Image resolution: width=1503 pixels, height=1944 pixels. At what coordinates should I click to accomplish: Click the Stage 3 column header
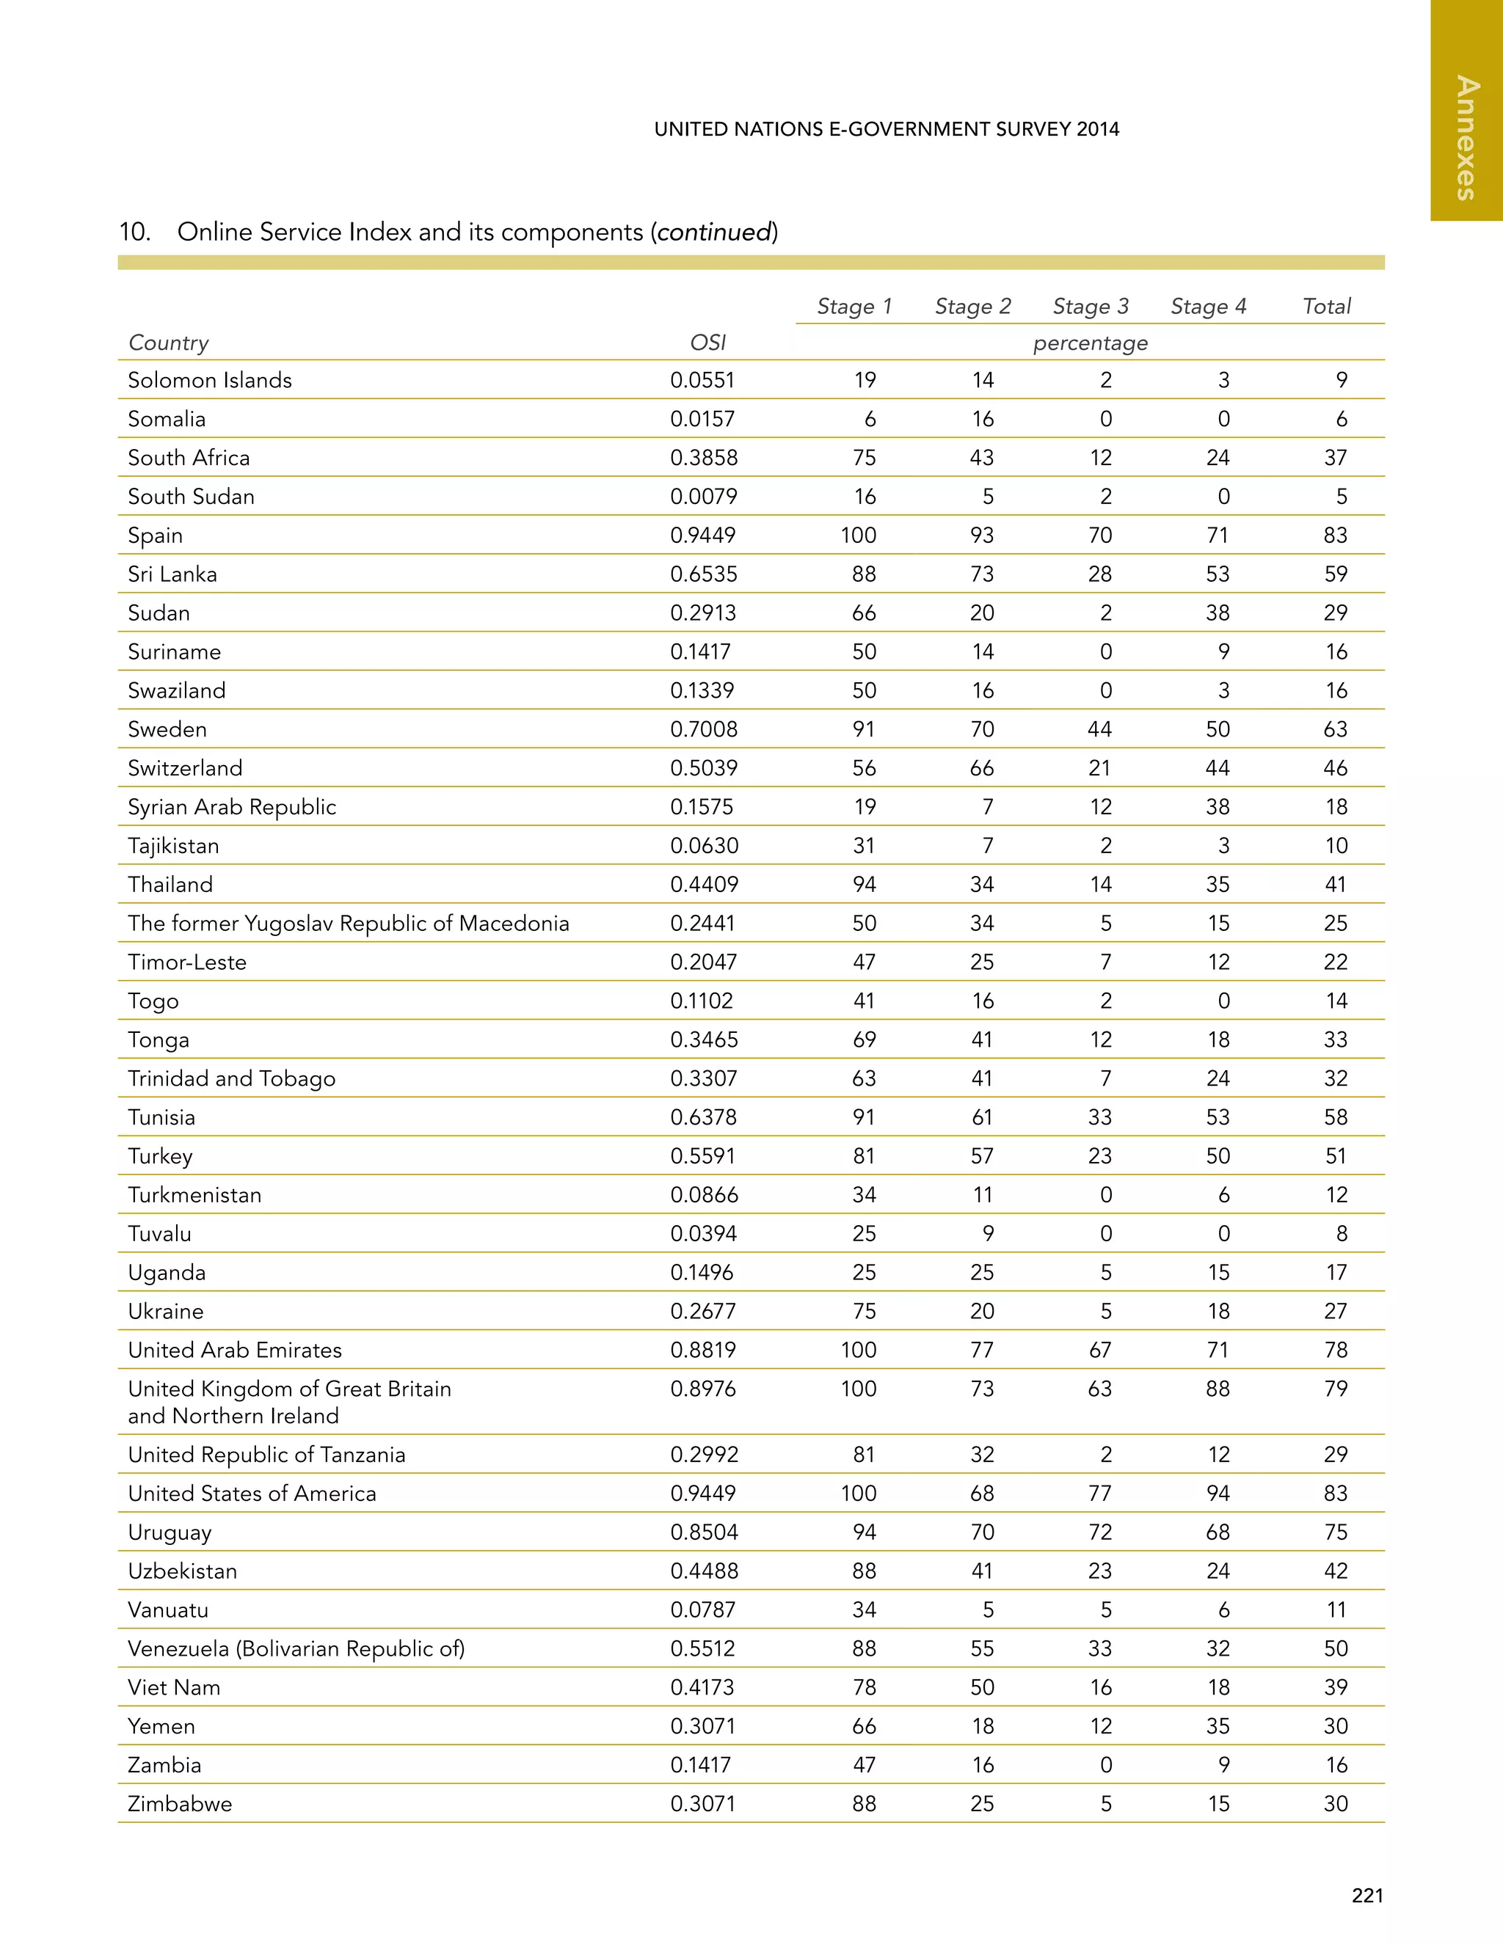pyautogui.click(x=1090, y=306)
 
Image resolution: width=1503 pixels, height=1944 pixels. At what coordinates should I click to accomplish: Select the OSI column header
pyautogui.click(x=708, y=343)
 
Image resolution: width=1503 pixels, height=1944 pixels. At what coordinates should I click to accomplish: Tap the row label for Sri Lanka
pyautogui.click(x=172, y=574)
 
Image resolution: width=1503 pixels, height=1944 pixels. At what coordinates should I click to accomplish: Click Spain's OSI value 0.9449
pyautogui.click(x=702, y=535)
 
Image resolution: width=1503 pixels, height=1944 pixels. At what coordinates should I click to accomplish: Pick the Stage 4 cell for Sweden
pyautogui.click(x=1218, y=729)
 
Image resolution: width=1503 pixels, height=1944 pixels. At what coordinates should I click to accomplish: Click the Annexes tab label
pyautogui.click(x=1466, y=138)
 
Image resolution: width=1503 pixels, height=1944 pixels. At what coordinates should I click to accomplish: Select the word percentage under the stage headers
pyautogui.click(x=1090, y=343)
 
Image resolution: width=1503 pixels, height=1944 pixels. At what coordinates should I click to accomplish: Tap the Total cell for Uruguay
pyautogui.click(x=1335, y=1532)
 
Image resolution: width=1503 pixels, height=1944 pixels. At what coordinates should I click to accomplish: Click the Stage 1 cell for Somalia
pyautogui.click(x=870, y=419)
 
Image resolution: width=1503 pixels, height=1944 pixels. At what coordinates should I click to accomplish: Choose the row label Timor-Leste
pyautogui.click(x=187, y=962)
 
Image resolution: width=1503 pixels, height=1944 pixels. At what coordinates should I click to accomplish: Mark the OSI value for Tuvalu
pyautogui.click(x=702, y=1234)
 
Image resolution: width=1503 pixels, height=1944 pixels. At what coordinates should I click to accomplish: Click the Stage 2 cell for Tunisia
pyautogui.click(x=982, y=1117)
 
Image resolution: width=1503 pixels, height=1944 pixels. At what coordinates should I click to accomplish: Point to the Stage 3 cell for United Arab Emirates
pyautogui.click(x=1099, y=1351)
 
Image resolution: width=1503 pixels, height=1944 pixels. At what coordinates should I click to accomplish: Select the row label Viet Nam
pyautogui.click(x=174, y=1688)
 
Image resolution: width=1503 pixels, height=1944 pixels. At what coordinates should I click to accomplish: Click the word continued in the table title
pyautogui.click(x=714, y=233)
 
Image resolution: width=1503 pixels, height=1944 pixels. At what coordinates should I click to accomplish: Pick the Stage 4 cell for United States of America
pyautogui.click(x=1218, y=1494)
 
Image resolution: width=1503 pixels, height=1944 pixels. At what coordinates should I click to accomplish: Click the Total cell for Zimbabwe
pyautogui.click(x=1335, y=1805)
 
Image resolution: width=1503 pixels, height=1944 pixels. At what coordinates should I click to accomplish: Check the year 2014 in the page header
pyautogui.click(x=1097, y=129)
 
